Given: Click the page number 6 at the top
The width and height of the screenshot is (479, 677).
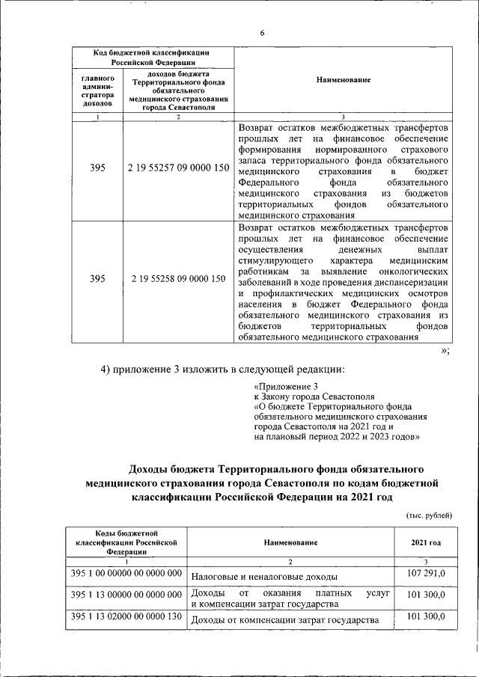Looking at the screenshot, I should [262, 34].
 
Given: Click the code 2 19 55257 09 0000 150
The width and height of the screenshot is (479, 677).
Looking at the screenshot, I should [178, 169].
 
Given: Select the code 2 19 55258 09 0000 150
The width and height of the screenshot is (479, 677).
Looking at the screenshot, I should [178, 279].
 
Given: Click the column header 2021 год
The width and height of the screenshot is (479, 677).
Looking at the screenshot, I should [425, 542].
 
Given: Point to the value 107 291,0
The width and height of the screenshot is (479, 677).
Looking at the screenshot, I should [425, 572].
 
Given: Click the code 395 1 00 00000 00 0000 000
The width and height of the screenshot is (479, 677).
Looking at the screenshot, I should [125, 573].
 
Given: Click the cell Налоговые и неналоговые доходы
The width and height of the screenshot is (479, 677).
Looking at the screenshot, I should [263, 577].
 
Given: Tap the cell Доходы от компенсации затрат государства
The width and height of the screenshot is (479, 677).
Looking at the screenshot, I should [284, 620].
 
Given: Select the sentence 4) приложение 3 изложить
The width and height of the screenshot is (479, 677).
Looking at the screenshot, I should [222, 369].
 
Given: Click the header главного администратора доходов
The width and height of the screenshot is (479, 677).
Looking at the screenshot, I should [97, 91].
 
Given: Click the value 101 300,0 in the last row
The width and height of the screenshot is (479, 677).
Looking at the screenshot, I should [425, 617].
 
